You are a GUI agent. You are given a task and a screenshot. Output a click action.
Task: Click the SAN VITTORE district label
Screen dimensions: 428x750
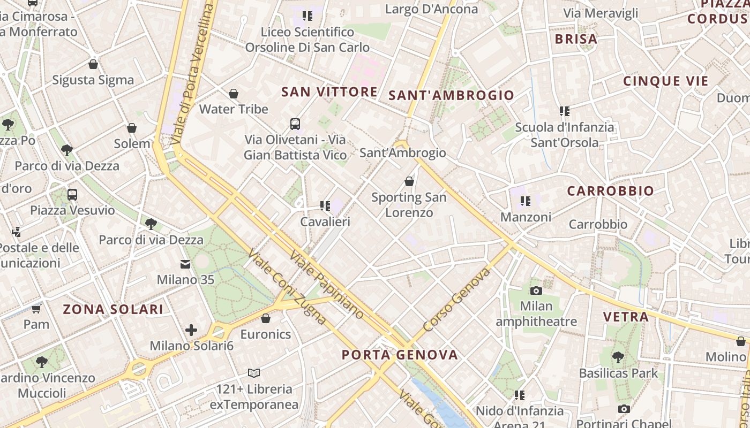tap(329, 92)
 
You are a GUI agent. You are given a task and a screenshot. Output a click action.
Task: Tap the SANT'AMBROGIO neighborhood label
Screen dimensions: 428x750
tap(451, 96)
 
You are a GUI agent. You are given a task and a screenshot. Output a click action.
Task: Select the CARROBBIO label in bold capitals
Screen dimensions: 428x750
tap(610, 191)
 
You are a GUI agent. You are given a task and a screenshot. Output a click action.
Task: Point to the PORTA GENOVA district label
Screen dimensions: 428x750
tap(400, 355)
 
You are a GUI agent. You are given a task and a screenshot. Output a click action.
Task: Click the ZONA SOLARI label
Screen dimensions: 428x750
tap(113, 309)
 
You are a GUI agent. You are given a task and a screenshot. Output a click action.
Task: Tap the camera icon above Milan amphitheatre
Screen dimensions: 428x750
tap(536, 291)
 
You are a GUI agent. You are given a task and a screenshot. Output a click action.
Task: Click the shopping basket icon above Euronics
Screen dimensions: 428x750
tap(266, 319)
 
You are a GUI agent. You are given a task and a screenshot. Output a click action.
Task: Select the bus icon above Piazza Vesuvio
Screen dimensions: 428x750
tap(72, 195)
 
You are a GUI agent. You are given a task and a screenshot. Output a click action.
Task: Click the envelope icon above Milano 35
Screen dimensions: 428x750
tap(185, 264)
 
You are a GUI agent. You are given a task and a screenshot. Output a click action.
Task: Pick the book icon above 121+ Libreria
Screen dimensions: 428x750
tap(254, 373)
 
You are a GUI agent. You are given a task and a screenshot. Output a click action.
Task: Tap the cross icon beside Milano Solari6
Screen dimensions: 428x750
tap(191, 330)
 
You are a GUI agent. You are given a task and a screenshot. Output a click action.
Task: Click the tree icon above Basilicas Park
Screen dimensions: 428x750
tap(618, 357)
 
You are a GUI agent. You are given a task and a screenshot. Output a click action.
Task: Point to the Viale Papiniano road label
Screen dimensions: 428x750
tap(327, 284)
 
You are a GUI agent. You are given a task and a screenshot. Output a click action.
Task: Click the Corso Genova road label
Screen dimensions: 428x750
tap(456, 300)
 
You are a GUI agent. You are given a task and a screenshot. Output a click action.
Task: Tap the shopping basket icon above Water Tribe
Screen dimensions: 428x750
tap(234, 94)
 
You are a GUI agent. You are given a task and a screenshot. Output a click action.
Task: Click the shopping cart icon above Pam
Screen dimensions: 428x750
tap(36, 309)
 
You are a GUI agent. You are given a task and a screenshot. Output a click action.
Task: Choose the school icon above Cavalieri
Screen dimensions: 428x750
tap(325, 205)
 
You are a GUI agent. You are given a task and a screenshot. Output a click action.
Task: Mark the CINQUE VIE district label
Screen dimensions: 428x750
tap(665, 81)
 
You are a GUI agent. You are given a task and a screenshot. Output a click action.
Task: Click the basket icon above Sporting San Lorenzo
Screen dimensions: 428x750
tap(409, 181)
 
